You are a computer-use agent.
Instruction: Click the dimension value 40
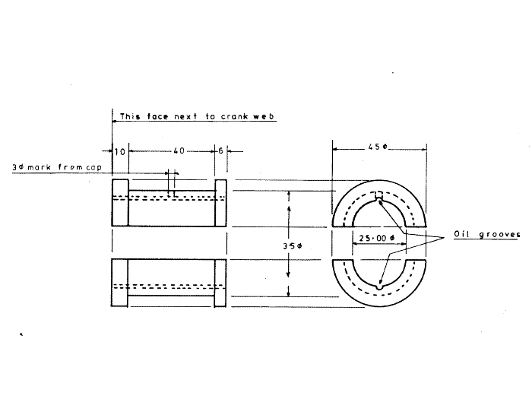177,151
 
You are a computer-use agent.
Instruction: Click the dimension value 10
119,151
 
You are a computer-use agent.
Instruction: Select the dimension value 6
220,151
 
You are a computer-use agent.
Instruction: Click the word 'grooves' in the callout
501,235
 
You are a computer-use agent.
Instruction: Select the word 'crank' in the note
233,117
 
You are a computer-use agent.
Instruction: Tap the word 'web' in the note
264,117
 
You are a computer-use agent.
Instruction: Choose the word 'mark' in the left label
39,166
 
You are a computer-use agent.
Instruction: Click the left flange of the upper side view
120,203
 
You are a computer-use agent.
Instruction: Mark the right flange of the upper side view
220,203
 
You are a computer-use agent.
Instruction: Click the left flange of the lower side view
119,283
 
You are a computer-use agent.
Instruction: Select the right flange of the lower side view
220,283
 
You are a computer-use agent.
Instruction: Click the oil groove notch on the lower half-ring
378,287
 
